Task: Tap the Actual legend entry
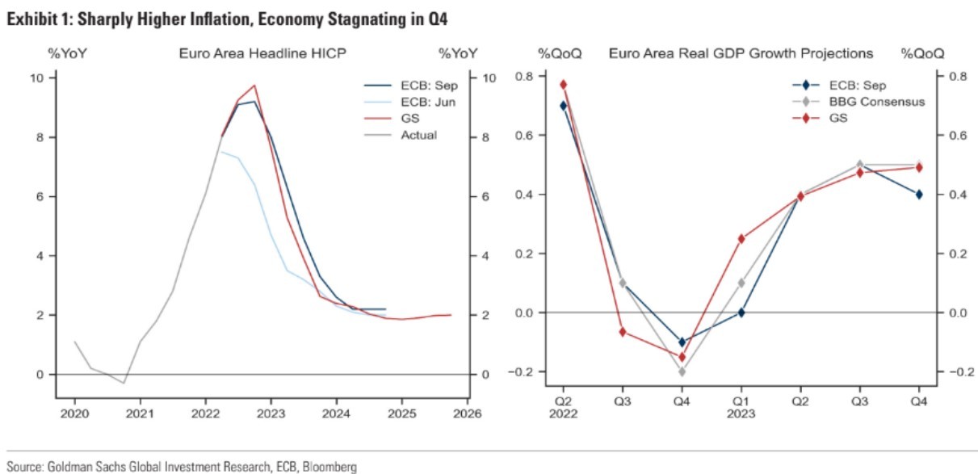click(418, 135)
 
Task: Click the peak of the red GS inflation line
click(254, 85)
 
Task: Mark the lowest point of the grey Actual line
click(124, 383)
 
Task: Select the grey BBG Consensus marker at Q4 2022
click(682, 371)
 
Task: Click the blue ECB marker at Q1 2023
click(741, 313)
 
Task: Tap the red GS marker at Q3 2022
click(623, 332)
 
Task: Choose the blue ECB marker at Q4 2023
click(918, 194)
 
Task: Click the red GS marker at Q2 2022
click(564, 85)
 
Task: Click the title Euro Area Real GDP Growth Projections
click(741, 54)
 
